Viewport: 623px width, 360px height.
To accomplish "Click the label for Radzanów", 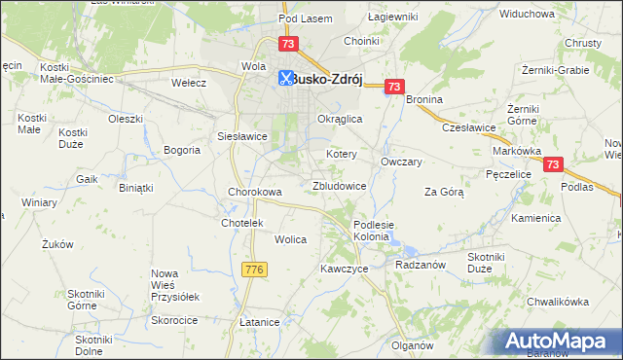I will pyautogui.click(x=421, y=265).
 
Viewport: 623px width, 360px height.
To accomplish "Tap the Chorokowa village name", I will pyautogui.click(x=255, y=192).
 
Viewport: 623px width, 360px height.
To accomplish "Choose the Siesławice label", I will pyautogui.click(x=242, y=136).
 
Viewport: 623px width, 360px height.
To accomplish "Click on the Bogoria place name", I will pyautogui.click(x=182, y=150).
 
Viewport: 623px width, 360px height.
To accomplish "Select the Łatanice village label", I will pyautogui.click(x=260, y=321).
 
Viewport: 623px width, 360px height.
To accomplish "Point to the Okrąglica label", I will pyautogui.click(x=340, y=118).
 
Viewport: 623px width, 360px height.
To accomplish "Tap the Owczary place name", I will pyautogui.click(x=401, y=162).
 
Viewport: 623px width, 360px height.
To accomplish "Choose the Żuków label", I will pyautogui.click(x=58, y=245).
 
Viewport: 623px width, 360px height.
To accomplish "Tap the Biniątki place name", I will pyautogui.click(x=136, y=187).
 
